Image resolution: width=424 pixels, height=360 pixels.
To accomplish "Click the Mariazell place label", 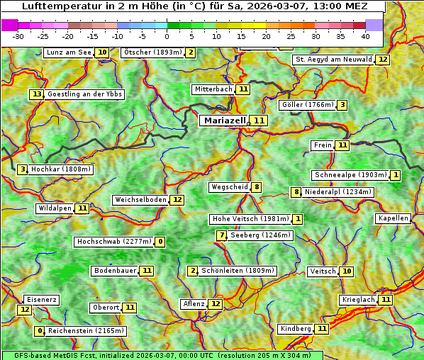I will [225, 120].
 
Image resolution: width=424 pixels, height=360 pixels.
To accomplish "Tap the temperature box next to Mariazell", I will [260, 121].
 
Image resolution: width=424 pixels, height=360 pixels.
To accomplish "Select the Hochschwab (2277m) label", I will [114, 242].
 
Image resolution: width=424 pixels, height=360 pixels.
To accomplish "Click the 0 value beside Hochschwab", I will [160, 242].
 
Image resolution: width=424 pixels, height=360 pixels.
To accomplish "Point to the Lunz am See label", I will [69, 52].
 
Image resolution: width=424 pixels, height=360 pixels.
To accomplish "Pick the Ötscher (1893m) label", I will [152, 52].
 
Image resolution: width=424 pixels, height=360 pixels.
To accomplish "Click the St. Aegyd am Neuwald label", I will [333, 60].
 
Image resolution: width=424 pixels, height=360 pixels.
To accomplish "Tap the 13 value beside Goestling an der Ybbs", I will [37, 94].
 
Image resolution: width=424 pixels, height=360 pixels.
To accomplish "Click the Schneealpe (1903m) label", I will [350, 175].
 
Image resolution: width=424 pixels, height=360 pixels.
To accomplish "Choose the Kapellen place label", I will [393, 218].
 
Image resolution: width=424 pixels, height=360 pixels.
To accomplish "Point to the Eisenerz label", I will [40, 300].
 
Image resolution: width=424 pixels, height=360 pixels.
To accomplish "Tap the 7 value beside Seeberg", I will [222, 235].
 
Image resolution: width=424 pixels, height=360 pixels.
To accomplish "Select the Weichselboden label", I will [140, 200].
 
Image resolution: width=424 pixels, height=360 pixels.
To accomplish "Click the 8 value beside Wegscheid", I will [257, 187].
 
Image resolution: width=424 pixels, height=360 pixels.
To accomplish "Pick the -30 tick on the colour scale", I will [18, 36].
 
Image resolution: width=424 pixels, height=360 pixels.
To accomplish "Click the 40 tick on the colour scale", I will [364, 36].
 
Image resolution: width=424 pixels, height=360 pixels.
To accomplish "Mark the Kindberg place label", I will [295, 329].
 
